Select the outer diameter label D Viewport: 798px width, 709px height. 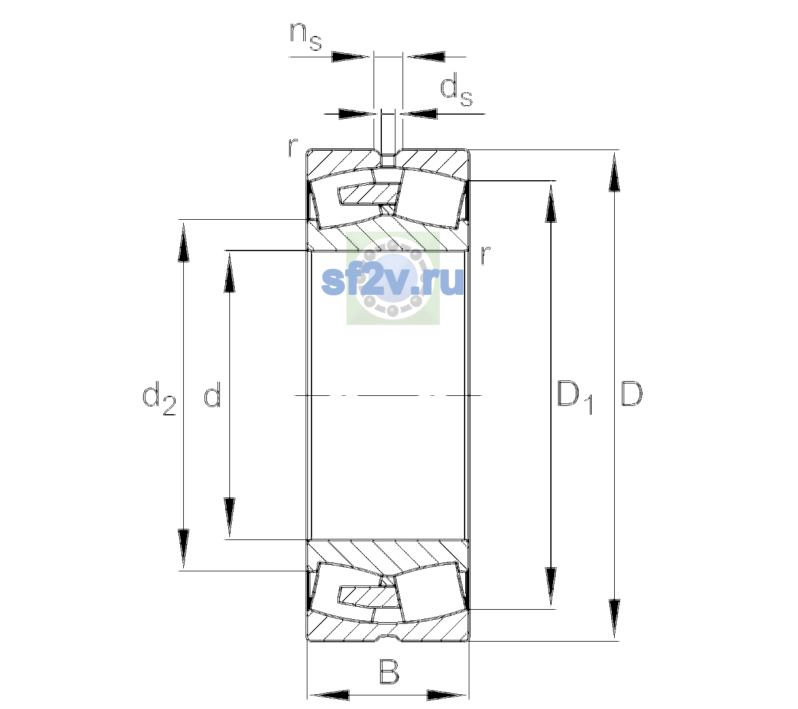coord(631,393)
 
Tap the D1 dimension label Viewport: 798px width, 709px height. coord(575,398)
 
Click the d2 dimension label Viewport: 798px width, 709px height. coord(159,398)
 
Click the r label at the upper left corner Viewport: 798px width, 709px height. coord(292,147)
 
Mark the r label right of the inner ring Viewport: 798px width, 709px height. coord(486,255)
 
